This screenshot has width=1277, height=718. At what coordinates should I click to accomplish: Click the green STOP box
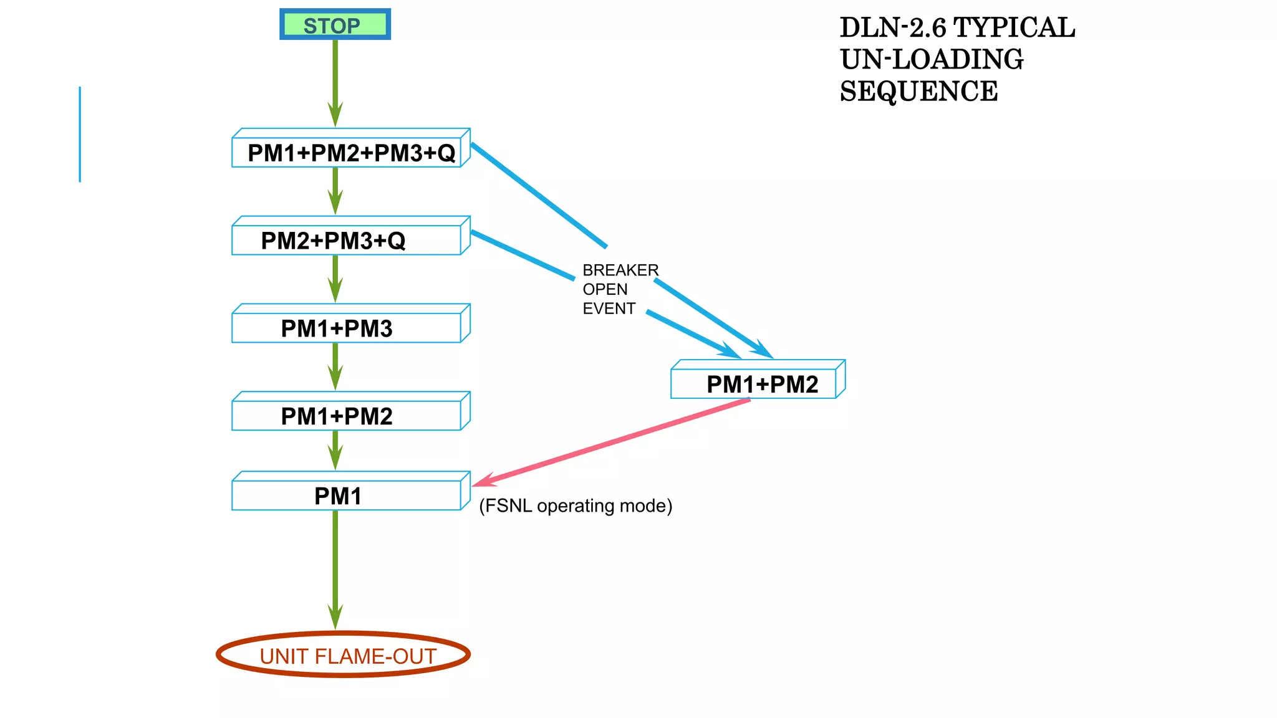[x=335, y=25]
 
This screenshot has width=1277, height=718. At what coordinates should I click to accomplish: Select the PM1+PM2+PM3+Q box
[x=350, y=153]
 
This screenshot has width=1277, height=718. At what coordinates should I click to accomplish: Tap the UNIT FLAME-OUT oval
[x=343, y=655]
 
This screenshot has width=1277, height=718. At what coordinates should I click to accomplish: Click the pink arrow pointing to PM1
[x=611, y=442]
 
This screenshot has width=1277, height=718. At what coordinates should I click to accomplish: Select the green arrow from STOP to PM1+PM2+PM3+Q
[x=335, y=81]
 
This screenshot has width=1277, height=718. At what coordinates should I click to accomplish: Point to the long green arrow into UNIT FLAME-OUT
[x=335, y=567]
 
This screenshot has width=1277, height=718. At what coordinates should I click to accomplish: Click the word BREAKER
[x=620, y=270]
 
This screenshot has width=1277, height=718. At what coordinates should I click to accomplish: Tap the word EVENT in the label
[x=609, y=309]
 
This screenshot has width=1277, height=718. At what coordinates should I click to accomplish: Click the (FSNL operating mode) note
[x=575, y=505]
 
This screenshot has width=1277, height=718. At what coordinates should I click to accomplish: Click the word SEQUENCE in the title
[x=918, y=92]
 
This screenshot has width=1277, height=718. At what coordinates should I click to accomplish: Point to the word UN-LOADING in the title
[x=932, y=60]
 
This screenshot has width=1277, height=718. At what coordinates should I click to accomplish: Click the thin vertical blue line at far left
[x=80, y=134]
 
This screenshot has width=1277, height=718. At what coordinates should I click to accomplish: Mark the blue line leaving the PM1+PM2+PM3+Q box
[x=539, y=196]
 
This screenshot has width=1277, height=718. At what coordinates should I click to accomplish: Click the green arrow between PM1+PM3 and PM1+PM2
[x=335, y=366]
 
